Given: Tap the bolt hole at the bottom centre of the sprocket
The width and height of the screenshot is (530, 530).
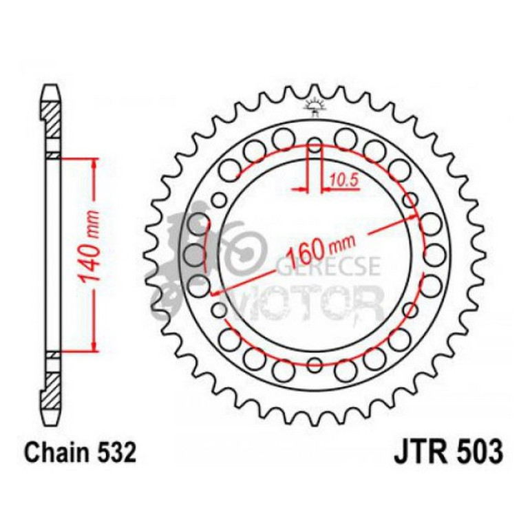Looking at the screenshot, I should (315, 364).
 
